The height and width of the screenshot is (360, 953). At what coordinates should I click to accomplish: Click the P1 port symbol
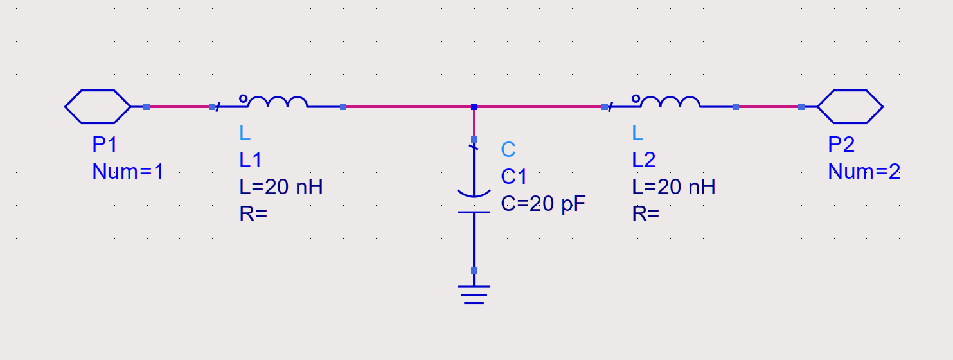click(98, 107)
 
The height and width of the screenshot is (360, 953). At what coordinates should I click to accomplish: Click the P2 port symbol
click(850, 107)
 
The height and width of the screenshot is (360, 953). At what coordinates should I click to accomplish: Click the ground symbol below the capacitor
click(474, 294)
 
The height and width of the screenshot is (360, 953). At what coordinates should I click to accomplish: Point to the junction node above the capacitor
click(474, 107)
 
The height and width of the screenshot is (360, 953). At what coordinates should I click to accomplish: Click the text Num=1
click(129, 172)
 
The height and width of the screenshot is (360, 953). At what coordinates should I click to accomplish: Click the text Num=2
click(864, 172)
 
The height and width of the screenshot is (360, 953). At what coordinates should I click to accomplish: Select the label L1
click(251, 160)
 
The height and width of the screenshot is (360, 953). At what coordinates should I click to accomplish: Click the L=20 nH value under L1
click(281, 187)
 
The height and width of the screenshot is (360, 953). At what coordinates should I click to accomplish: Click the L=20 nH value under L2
click(673, 187)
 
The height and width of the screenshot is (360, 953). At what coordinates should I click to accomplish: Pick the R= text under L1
click(253, 214)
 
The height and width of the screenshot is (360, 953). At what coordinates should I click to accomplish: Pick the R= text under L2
click(646, 214)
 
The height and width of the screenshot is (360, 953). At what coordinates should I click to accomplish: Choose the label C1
click(514, 177)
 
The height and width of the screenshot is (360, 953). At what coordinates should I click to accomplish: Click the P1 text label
click(105, 145)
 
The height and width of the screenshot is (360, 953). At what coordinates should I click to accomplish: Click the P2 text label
click(841, 145)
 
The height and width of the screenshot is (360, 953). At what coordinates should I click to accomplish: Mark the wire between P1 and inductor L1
click(179, 107)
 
